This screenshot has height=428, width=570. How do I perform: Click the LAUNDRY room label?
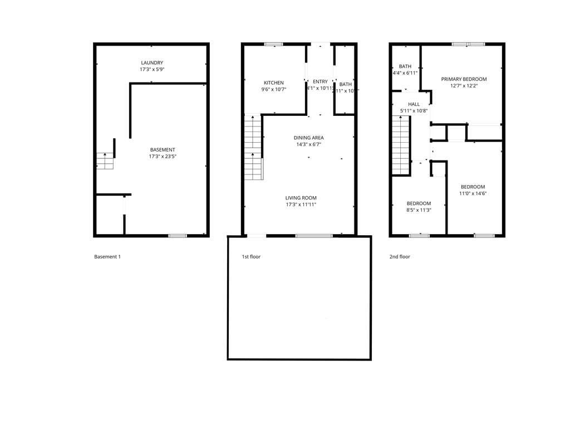coord(152,63)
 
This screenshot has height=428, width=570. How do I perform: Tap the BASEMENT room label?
coord(163,149)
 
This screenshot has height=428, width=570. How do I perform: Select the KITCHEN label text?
coord(273,82)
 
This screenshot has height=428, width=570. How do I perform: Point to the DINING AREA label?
coord(308,138)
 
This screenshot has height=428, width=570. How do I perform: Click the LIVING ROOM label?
coord(301,198)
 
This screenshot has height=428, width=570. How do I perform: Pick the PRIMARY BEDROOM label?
coord(464,79)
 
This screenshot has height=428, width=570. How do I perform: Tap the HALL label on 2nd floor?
coord(414,104)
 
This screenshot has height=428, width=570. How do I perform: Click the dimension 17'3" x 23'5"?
coord(163,157)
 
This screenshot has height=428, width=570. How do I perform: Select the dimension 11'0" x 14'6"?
coord(472,193)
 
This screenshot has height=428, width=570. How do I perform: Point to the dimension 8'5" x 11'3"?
coord(419,210)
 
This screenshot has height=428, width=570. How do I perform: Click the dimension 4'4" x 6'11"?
coord(405,73)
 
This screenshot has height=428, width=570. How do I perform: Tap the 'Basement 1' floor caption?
coord(107,257)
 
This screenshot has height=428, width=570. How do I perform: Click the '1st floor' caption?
coord(250,257)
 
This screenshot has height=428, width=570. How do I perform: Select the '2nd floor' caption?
coord(399,257)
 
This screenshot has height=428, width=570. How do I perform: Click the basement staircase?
coord(105,161)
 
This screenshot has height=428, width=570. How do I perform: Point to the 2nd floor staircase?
coord(401,149)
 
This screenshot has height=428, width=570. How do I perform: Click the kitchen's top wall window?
coord(273,44)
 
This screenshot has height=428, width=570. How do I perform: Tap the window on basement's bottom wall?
coord(177,236)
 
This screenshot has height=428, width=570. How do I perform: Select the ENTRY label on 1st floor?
coord(320,82)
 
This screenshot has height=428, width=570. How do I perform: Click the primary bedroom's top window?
coord(468,44)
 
